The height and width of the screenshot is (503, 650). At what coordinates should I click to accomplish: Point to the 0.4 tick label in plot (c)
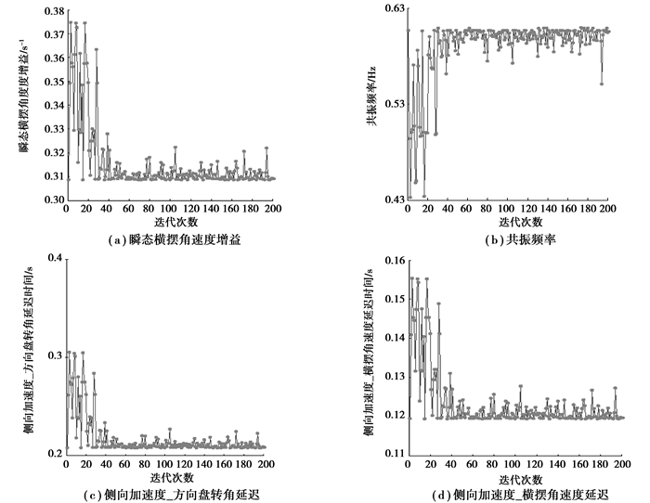click(x=55, y=257)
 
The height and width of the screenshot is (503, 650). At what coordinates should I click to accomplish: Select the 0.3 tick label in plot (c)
click(x=55, y=355)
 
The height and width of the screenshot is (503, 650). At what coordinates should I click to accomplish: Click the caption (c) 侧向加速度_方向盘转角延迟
click(x=170, y=491)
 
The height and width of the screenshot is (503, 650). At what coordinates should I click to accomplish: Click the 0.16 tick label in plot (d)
click(x=392, y=260)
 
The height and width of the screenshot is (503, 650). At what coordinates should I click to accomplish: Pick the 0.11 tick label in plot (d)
click(x=392, y=453)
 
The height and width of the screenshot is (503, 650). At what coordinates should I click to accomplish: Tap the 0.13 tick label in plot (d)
click(x=392, y=376)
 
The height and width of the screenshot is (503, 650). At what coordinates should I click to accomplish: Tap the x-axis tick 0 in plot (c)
click(x=66, y=462)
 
